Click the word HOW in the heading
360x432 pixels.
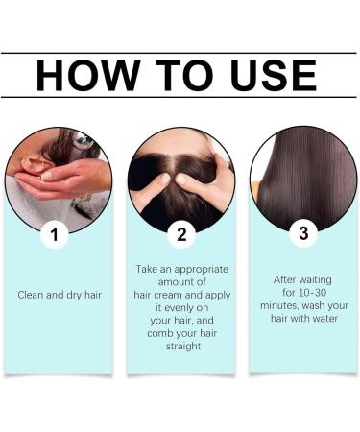[88, 76]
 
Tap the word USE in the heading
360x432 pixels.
[274, 76]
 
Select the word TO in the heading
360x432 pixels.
[184, 76]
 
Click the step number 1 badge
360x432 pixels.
[55, 234]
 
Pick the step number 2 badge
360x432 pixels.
[181, 234]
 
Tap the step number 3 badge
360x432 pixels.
[303, 233]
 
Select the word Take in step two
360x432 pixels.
[146, 269]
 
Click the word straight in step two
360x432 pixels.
[183, 347]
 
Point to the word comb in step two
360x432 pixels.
[158, 333]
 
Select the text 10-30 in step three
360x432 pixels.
[313, 293]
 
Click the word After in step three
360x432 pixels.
[284, 280]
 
